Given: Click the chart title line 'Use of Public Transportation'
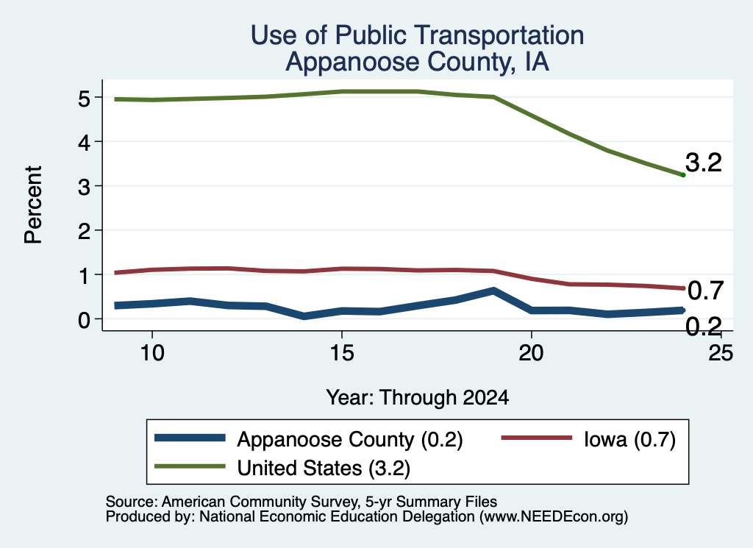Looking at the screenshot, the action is (x=418, y=35).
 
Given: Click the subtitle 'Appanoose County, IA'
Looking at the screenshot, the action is (x=418, y=62).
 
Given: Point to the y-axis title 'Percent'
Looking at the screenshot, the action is (x=34, y=204).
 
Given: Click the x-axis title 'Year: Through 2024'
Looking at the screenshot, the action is (x=418, y=398).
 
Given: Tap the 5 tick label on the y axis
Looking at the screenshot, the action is (x=84, y=99).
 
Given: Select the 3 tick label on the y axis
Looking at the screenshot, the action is (x=84, y=187).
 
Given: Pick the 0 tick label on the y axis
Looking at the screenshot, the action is (x=84, y=320).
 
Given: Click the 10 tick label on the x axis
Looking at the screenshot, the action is (x=152, y=353).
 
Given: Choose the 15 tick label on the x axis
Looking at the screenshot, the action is (x=342, y=353).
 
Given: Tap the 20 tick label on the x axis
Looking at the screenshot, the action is (x=531, y=353).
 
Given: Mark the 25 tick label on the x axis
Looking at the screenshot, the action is (x=721, y=353).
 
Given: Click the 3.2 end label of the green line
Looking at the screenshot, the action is (x=704, y=163).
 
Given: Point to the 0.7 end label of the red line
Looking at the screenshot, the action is (x=705, y=291).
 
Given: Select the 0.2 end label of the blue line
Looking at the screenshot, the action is (x=704, y=327).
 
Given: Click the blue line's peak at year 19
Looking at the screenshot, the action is (x=493, y=291).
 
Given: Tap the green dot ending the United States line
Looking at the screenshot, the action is (x=683, y=175).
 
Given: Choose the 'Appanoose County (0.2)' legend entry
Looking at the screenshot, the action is (x=309, y=439).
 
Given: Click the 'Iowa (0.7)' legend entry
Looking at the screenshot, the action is (x=589, y=439).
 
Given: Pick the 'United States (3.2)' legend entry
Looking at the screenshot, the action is (x=282, y=468).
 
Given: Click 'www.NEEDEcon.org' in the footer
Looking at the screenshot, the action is (x=554, y=517).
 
